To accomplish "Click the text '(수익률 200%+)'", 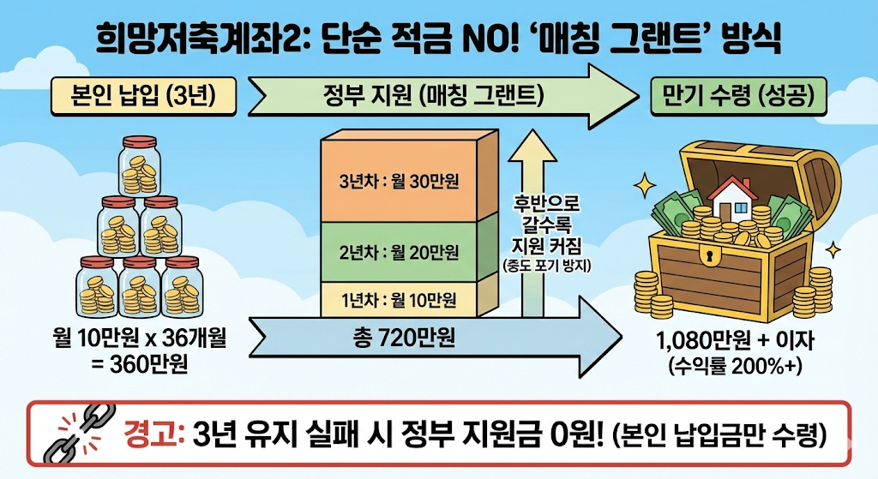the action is pos(736,368).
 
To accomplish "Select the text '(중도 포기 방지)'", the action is pos(546,266).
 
